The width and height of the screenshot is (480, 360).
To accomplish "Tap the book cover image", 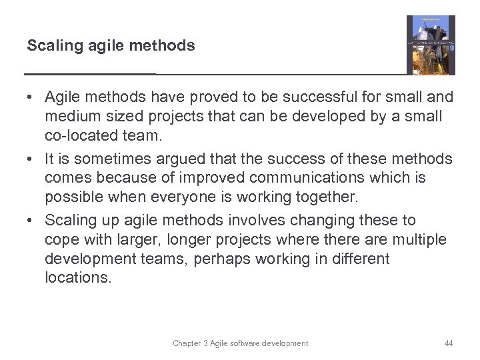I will coord(431,45).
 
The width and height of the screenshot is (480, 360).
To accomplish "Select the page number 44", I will coord(448,343).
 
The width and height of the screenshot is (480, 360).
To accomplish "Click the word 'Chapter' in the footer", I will coord(187,343).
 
